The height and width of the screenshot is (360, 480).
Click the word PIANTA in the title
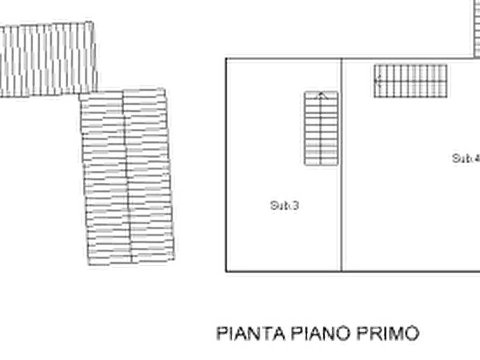250,333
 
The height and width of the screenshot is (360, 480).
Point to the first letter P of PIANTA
221,333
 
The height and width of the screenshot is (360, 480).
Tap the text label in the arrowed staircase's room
283,205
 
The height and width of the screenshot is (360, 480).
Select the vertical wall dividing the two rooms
341,161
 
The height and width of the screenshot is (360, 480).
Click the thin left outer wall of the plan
223,161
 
